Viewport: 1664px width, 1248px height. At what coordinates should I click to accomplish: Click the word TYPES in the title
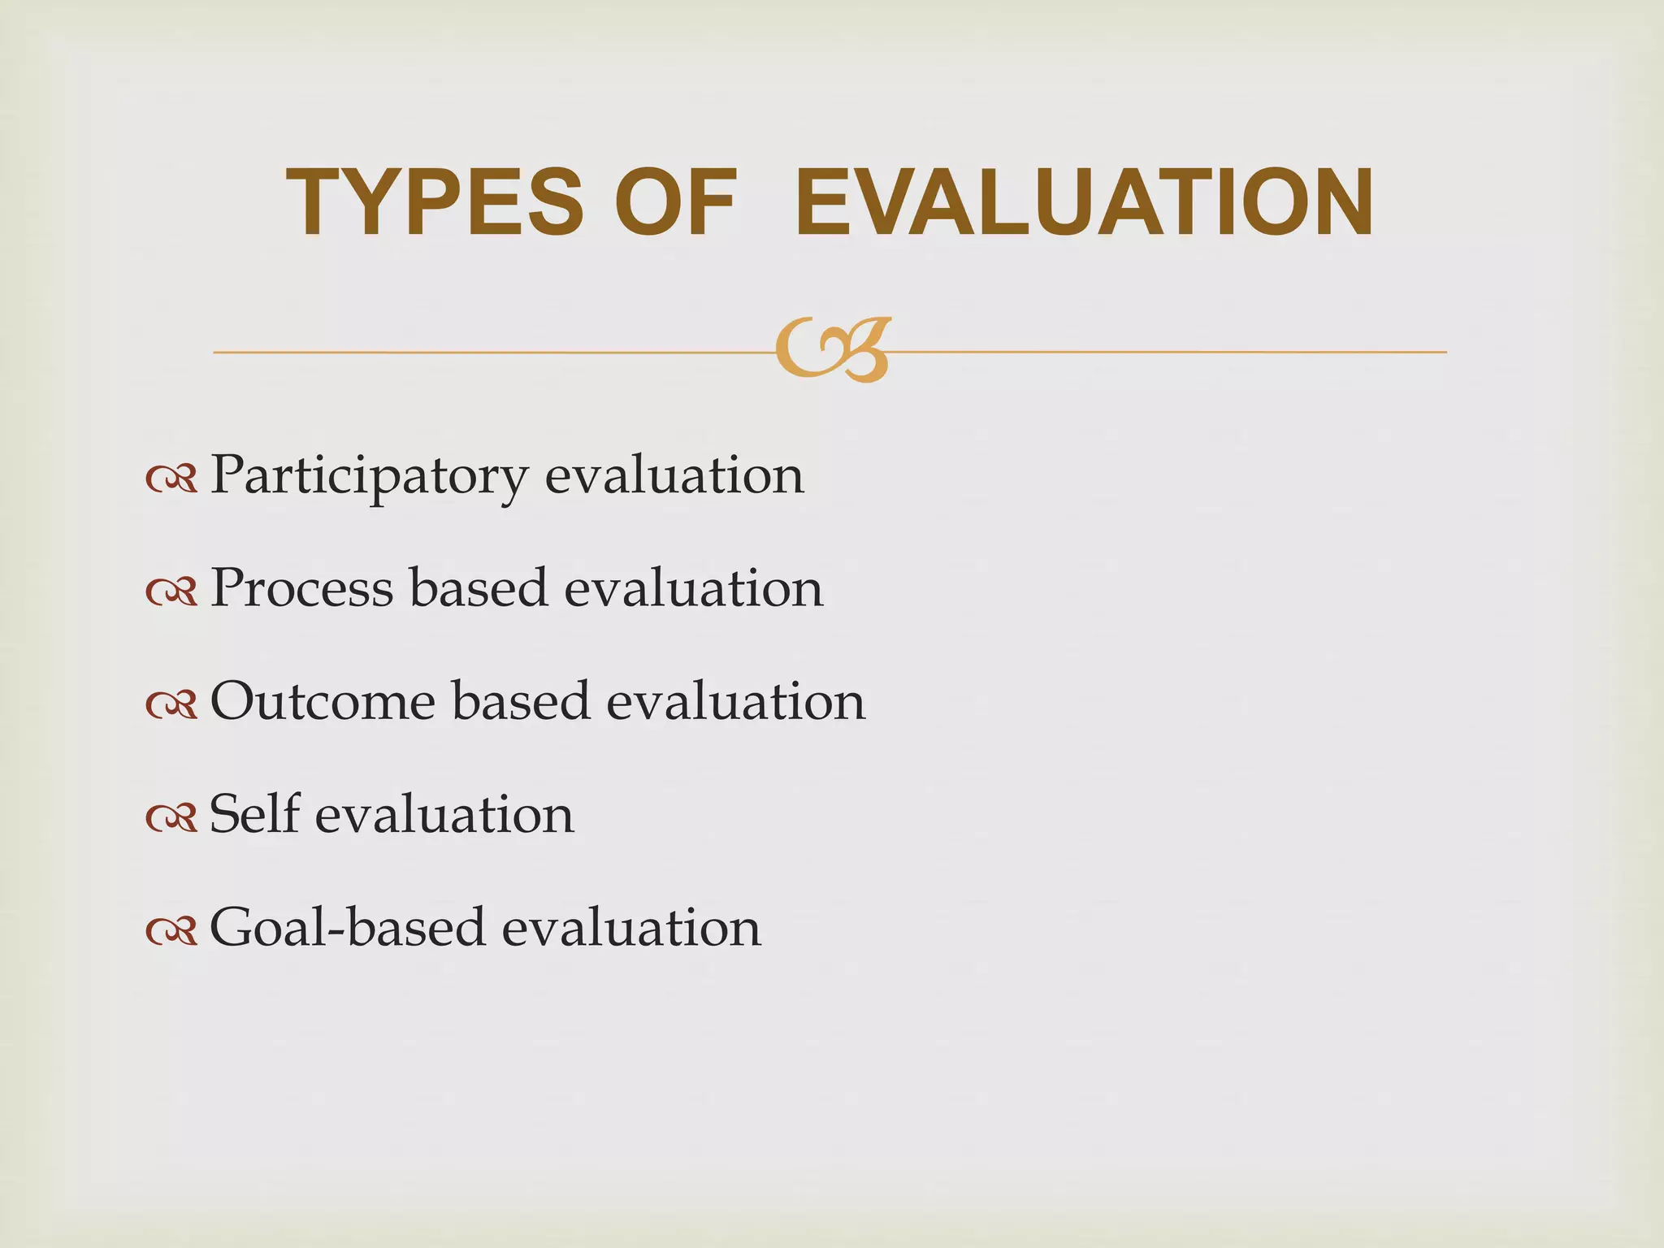point(435,202)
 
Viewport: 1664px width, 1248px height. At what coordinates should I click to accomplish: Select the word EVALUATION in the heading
point(1084,202)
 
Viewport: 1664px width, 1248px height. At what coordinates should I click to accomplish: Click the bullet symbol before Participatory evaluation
point(171,480)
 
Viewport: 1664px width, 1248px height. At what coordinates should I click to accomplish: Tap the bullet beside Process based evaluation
point(171,593)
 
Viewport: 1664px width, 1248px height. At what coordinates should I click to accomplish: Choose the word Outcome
point(323,700)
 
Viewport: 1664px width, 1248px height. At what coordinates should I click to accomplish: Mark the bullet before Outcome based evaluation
point(171,706)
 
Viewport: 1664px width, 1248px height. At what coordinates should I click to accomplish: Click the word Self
point(254,813)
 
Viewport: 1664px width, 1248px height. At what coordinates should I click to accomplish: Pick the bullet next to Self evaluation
point(171,819)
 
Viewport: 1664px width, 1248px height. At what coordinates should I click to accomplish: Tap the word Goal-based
point(348,927)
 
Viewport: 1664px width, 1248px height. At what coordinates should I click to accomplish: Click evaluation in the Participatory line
point(674,476)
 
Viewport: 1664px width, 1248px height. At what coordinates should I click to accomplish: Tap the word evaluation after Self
point(444,813)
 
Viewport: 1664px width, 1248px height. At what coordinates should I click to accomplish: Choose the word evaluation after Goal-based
point(631,927)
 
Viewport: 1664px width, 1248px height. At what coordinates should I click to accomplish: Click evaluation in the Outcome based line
point(736,700)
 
